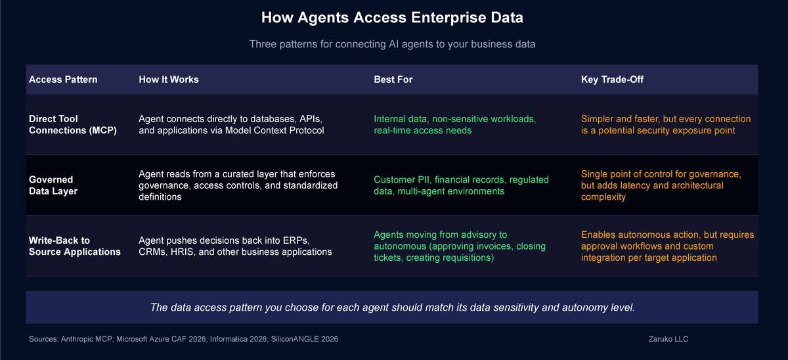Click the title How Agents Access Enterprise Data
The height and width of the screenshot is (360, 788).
(392, 18)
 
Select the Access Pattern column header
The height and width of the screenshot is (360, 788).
(63, 79)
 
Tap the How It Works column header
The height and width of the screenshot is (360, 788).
(169, 79)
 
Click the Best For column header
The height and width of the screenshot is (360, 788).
(393, 79)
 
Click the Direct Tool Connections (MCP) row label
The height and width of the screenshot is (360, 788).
(72, 124)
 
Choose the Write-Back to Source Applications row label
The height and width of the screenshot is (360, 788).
(74, 246)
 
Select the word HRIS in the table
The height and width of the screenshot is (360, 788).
(182, 252)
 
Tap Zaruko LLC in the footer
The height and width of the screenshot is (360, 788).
(667, 339)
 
